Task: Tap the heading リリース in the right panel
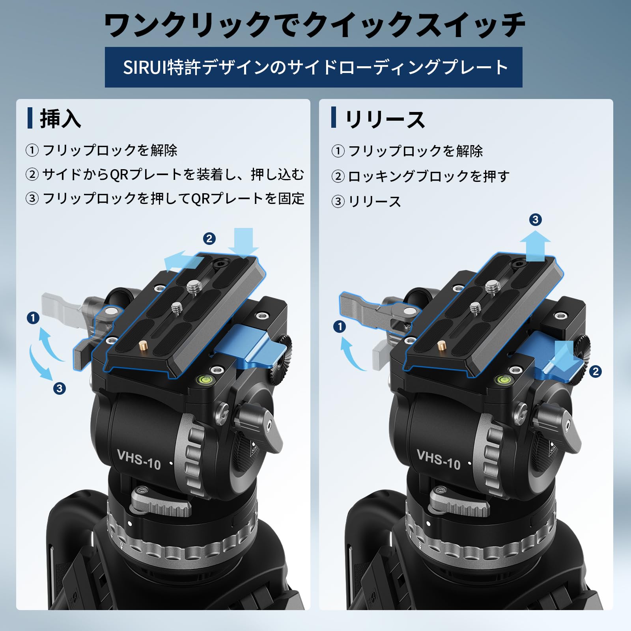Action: coord(385,119)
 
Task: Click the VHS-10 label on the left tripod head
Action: coord(139,460)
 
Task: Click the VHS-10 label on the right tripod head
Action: coord(439,460)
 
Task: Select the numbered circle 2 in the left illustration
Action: coord(209,239)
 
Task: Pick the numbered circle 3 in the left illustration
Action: coord(60,388)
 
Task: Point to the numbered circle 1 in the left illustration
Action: coord(33,318)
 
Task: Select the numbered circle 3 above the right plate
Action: coord(535,220)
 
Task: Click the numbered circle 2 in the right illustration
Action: coord(596,372)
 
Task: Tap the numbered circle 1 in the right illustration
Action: coord(340,327)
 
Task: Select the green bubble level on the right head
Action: coord(502,380)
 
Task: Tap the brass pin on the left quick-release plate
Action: coord(142,347)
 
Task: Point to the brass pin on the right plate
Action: coord(441,347)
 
